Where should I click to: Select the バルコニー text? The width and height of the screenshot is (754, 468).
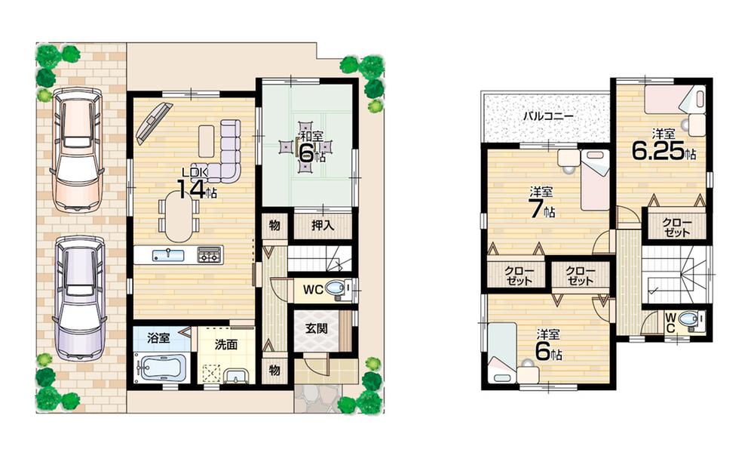point(549,117)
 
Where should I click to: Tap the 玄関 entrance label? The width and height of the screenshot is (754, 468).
point(316,330)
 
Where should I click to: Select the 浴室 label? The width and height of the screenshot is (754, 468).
point(158,338)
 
